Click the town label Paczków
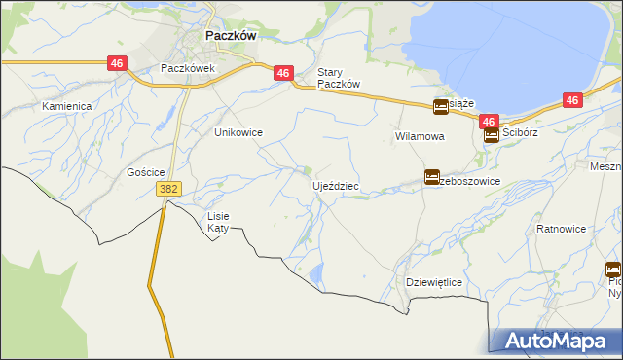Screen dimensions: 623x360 pos(231,34)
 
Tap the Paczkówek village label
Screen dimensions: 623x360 pos(187,69)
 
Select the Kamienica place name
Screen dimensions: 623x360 pos(66,105)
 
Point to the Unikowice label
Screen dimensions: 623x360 pos(238,132)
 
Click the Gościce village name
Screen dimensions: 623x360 pos(131,171)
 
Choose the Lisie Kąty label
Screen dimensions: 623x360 pos(217,222)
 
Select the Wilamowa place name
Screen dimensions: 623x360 pos(420,137)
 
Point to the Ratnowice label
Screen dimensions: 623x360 pos(561,230)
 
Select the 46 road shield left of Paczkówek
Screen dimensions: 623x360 pos(117,63)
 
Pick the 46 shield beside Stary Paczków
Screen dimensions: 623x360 pos(282,73)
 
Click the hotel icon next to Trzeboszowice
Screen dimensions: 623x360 pos(431,176)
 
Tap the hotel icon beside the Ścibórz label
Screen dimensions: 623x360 pos(492,135)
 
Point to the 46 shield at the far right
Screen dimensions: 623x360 pos(572,100)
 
